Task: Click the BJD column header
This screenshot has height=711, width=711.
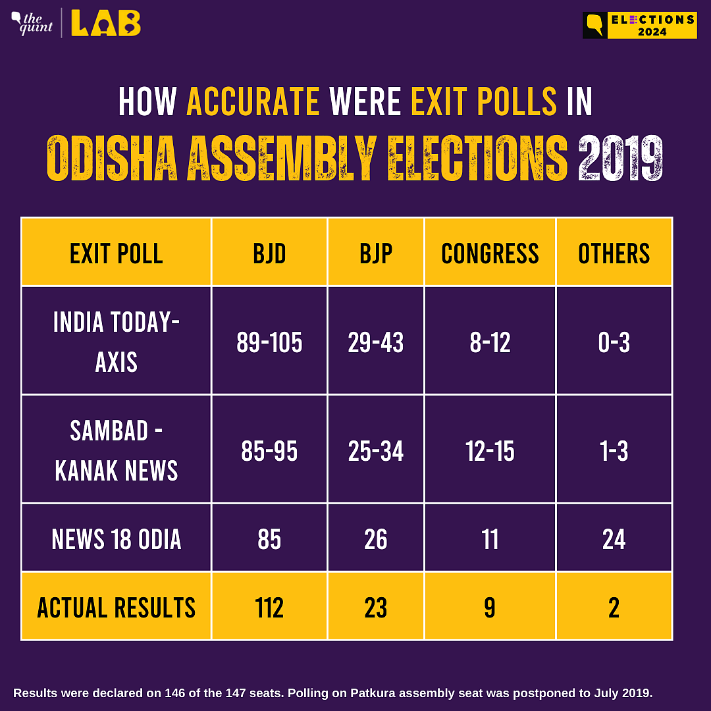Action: coord(269,253)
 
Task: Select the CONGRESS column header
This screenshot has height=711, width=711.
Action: coord(490,253)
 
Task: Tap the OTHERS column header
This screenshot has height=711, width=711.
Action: coord(614,253)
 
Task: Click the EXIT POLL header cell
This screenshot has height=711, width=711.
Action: coord(117,253)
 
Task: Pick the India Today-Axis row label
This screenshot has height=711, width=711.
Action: coord(117,342)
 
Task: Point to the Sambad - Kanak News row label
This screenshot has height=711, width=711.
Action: coord(117,450)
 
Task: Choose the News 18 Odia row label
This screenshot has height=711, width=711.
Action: coord(117,539)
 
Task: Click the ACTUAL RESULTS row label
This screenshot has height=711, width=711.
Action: coord(117,607)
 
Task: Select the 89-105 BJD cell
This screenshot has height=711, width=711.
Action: coord(269,342)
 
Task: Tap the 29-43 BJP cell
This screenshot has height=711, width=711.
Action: coord(376,342)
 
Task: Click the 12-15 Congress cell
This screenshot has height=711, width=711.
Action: coord(490,451)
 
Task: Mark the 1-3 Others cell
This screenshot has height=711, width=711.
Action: coord(614,451)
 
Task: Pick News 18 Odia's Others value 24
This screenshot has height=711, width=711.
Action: coord(614,539)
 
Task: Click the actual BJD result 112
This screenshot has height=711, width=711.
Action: coord(269,607)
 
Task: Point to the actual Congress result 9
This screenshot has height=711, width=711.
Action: coord(490,607)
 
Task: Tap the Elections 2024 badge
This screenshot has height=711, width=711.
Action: coord(640,25)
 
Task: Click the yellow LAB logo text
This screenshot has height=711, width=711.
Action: coord(105,24)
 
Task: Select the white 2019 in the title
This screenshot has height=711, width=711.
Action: coord(619,158)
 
